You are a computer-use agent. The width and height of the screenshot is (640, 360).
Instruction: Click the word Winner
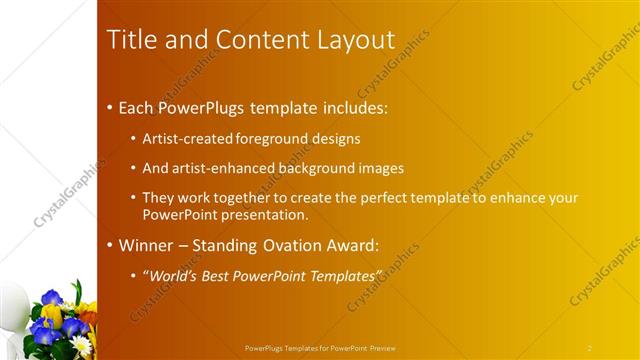[146, 245]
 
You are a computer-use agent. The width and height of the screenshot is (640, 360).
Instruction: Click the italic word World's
[174, 275]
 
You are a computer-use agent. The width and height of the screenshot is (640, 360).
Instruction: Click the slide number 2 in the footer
[590, 348]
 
